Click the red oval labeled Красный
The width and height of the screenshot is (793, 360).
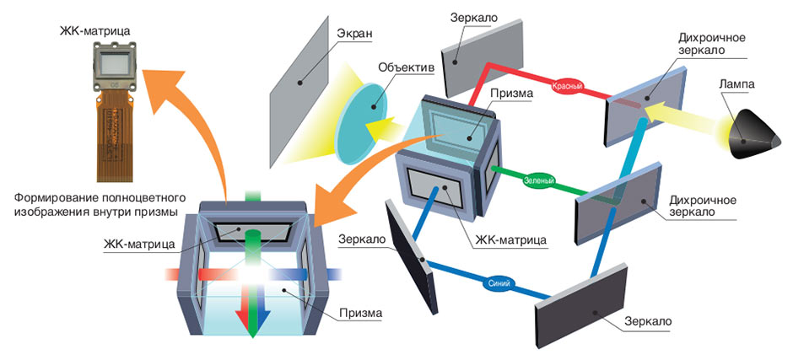568,86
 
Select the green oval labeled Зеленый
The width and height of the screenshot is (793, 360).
540,180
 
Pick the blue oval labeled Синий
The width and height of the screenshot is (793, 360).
499,284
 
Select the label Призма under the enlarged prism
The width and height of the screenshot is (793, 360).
360,313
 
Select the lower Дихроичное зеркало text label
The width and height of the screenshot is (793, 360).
702,205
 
